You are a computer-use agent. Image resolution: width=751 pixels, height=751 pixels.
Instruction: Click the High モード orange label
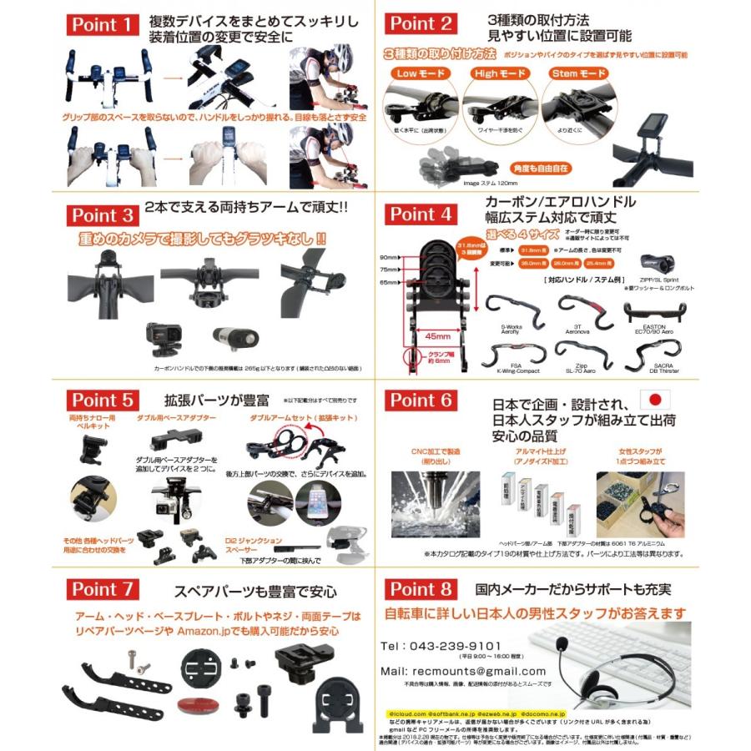coord(499,73)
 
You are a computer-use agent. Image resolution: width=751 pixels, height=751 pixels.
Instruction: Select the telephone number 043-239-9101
coord(441,645)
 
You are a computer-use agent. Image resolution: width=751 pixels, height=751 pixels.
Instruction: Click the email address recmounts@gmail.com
coord(462,671)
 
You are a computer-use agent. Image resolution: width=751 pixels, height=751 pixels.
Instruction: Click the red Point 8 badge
coord(421,589)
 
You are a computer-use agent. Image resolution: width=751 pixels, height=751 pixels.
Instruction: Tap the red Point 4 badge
coord(421,214)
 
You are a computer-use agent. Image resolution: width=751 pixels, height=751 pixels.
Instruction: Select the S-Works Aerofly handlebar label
coord(509,329)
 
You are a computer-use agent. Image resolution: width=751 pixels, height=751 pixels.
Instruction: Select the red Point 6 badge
coord(421,401)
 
